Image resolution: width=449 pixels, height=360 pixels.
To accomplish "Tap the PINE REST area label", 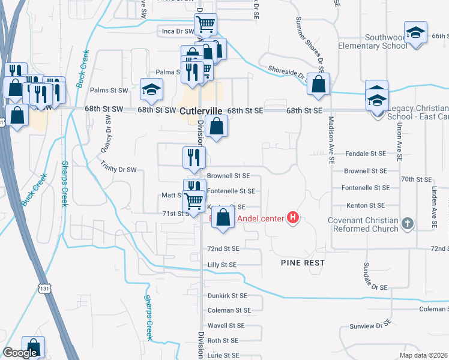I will coord(303,263).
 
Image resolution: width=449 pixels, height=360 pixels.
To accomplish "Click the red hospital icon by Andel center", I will coord(293,217).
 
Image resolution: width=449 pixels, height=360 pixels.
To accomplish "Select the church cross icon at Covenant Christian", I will coord(407,223).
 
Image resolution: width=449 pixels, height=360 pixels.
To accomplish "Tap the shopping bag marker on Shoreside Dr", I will coord(318,85).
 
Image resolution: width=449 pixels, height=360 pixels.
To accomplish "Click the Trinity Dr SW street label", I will coord(119,170).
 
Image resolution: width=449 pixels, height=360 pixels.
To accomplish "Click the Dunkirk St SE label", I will coord(228,296).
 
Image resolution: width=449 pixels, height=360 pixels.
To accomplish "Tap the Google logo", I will coord(20,353).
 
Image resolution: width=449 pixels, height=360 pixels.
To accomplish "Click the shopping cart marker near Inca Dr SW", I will coord(205,25).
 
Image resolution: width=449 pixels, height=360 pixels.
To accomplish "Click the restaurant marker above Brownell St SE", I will coord(194,158).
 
